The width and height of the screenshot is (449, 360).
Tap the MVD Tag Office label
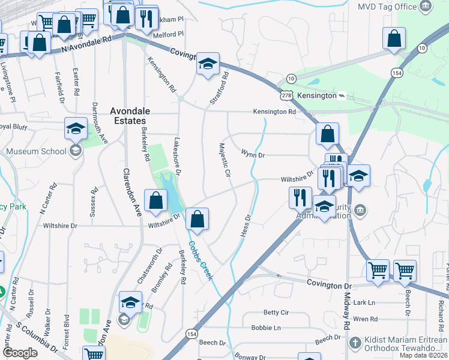[x=387, y=7]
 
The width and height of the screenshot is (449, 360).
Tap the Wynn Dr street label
[x=253, y=155]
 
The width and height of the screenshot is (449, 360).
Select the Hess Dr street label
[x=245, y=224]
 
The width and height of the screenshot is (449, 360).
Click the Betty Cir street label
[x=276, y=313]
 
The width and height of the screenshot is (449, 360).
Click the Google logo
[x=20, y=353]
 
